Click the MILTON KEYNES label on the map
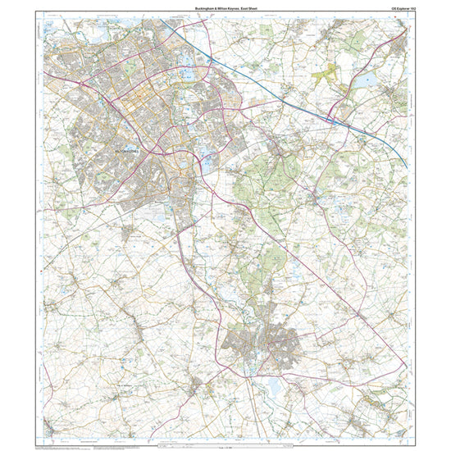pyautogui.click(x=128, y=152)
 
